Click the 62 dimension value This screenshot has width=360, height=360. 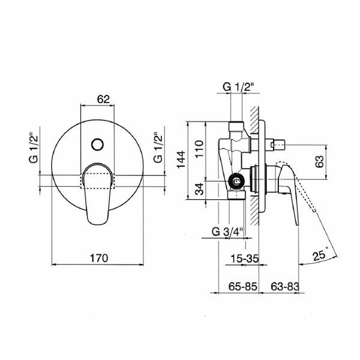click(x=103, y=99)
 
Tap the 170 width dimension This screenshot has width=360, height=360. click(x=99, y=258)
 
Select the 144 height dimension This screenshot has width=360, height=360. click(x=181, y=160)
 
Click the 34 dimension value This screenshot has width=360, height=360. click(x=199, y=189)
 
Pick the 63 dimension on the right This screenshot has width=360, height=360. click(x=319, y=161)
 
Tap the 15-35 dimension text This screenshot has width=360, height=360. click(x=245, y=259)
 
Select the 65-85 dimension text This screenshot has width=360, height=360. click(x=243, y=287)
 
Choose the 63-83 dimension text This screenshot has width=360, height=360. click(x=285, y=287)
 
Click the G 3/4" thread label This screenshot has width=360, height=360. click(x=227, y=232)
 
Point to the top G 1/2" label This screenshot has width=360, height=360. click(x=239, y=87)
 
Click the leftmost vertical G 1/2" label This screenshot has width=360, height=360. click(x=33, y=148)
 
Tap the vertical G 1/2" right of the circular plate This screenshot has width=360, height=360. click(x=158, y=148)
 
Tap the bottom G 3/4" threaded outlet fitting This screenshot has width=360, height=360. click(x=237, y=194)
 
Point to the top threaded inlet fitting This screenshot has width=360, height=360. click(x=236, y=127)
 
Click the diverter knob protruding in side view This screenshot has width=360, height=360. click(x=277, y=145)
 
